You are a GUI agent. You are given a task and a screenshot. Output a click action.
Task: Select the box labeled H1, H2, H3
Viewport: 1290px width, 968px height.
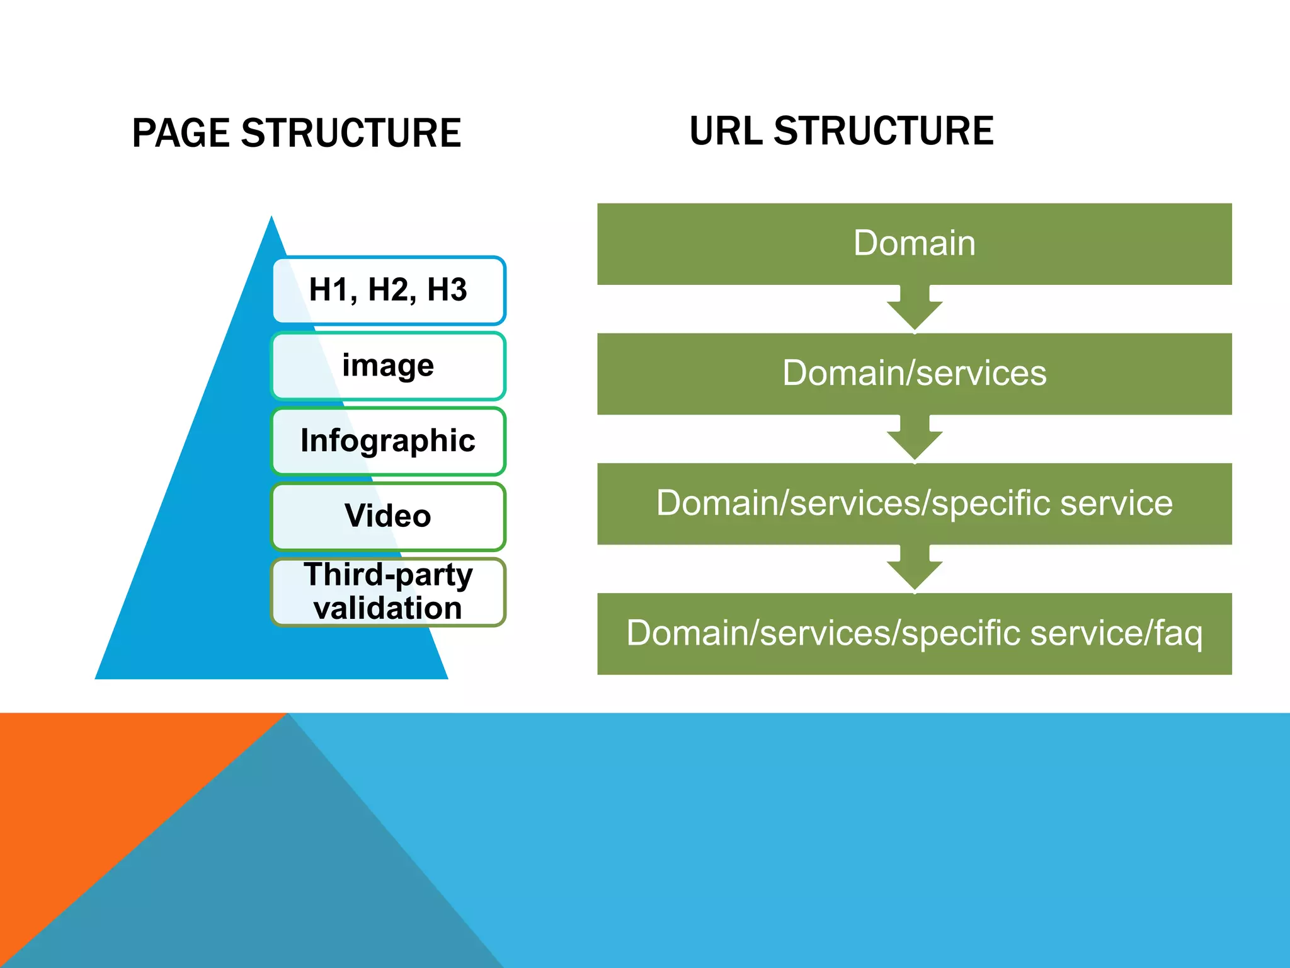click(x=389, y=291)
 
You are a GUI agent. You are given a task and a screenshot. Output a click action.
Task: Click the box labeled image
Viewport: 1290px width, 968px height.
click(x=389, y=366)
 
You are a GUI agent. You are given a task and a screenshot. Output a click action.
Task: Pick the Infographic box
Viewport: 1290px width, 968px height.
click(x=389, y=441)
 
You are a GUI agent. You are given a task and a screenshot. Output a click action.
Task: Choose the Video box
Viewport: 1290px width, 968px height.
click(x=389, y=516)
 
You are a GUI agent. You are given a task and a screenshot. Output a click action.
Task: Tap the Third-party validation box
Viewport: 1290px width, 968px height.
click(x=389, y=592)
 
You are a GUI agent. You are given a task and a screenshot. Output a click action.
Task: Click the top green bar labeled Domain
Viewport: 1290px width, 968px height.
click(x=914, y=244)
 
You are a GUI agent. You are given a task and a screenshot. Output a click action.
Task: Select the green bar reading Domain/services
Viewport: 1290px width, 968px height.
click(x=914, y=374)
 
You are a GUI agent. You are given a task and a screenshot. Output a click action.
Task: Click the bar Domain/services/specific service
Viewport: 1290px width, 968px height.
click(x=914, y=504)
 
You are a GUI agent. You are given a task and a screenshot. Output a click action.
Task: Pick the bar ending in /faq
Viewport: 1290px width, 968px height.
click(x=914, y=633)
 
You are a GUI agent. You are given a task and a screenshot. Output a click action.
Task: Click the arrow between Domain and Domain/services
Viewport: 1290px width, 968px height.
click(x=915, y=309)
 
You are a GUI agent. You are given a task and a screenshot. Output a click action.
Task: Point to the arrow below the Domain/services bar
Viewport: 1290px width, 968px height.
click(x=915, y=439)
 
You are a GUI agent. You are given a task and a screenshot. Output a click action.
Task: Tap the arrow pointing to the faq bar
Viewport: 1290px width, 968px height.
click(x=915, y=568)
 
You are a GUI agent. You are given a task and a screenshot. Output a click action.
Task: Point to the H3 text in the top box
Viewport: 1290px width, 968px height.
click(x=447, y=291)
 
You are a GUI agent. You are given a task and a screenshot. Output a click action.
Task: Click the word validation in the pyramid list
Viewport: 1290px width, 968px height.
click(x=387, y=609)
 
